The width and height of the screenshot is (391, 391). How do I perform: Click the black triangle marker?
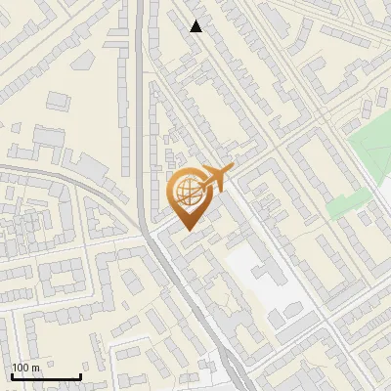[x=196, y=26]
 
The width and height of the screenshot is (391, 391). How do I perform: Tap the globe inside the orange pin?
[x=186, y=189]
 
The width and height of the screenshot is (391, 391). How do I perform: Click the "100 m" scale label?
[x=25, y=368]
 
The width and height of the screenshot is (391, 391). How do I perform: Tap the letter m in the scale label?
[x=35, y=368]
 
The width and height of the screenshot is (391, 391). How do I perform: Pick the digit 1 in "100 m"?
[x=15, y=368]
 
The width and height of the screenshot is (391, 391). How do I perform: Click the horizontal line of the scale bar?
[x=46, y=377]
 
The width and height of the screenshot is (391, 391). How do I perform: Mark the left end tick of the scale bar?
[x=12, y=375]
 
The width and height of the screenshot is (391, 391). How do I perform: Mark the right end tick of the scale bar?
[x=80, y=375]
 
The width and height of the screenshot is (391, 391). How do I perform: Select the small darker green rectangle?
[x=341, y=205]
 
